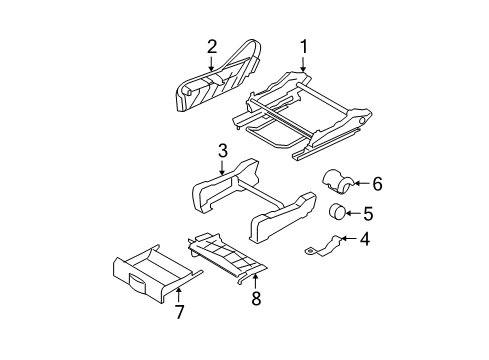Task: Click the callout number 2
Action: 212,45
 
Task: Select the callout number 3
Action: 223,152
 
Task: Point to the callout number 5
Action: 367,213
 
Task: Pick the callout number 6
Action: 376,183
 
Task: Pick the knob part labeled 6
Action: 338,182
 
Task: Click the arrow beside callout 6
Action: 362,183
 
